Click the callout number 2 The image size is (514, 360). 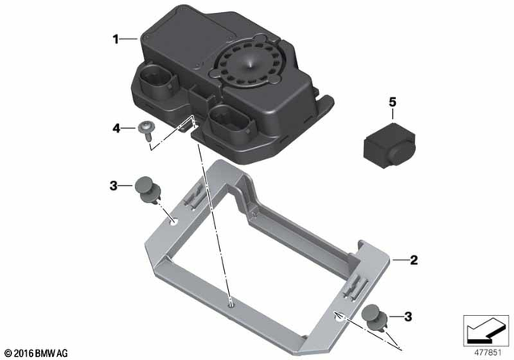point(414,260)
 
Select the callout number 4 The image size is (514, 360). point(116,128)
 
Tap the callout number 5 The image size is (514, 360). point(394,102)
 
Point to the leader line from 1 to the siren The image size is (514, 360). point(131,38)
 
